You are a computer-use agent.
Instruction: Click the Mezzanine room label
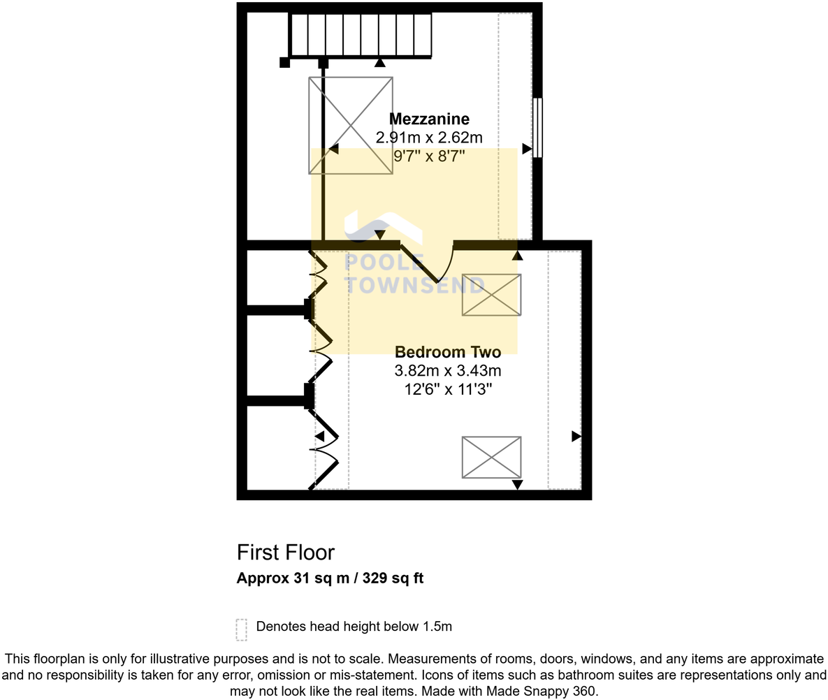click(429, 118)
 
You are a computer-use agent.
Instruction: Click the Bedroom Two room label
click(447, 352)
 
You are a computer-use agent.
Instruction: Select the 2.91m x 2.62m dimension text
click(429, 137)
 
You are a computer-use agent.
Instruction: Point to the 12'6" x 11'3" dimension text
click(447, 389)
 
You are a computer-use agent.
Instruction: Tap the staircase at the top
click(361, 35)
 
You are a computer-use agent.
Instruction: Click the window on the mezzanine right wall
click(537, 128)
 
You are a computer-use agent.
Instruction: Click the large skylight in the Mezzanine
click(351, 125)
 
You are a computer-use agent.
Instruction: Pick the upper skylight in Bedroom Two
click(491, 295)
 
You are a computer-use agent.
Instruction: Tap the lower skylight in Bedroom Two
click(491, 457)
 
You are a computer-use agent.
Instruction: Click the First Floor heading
click(286, 553)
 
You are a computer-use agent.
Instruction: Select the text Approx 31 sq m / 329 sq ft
click(330, 578)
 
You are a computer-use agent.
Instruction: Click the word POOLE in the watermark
click(385, 263)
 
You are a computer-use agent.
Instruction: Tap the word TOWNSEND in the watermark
click(415, 284)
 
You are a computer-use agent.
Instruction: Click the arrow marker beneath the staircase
click(379, 62)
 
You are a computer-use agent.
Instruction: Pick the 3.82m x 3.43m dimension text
click(447, 371)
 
